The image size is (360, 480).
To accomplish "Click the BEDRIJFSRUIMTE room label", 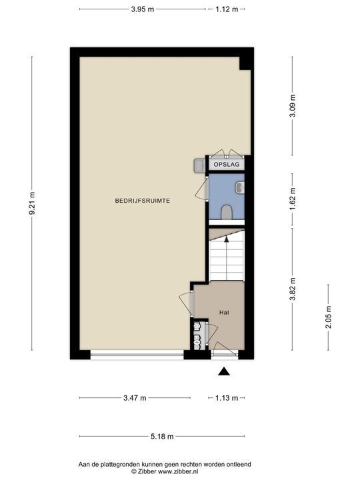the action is (143, 201).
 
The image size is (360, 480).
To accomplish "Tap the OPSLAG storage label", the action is (227, 165).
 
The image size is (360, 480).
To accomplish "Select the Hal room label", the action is (224, 313).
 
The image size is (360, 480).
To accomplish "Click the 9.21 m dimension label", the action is (32, 203).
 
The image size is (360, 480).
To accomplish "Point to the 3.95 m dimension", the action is (143, 9).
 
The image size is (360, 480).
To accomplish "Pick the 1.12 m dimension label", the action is (227, 9).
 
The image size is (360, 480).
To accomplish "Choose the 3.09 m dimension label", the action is (293, 105).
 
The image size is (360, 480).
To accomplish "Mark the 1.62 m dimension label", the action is (293, 199).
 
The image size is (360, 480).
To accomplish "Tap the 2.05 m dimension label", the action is (328, 317).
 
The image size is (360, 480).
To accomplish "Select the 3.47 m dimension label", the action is (135, 398).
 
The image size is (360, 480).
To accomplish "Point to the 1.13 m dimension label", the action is (227, 398).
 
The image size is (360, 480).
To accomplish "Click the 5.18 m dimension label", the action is (162, 436).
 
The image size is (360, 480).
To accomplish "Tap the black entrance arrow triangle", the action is (224, 371).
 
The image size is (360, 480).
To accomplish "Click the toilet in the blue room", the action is (227, 213).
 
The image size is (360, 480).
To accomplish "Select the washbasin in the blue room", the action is (240, 187).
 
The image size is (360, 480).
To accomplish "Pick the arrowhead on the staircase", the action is (227, 239).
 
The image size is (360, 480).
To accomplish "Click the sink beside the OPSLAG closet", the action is (199, 166).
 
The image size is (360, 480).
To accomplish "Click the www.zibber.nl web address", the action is (178, 471).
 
